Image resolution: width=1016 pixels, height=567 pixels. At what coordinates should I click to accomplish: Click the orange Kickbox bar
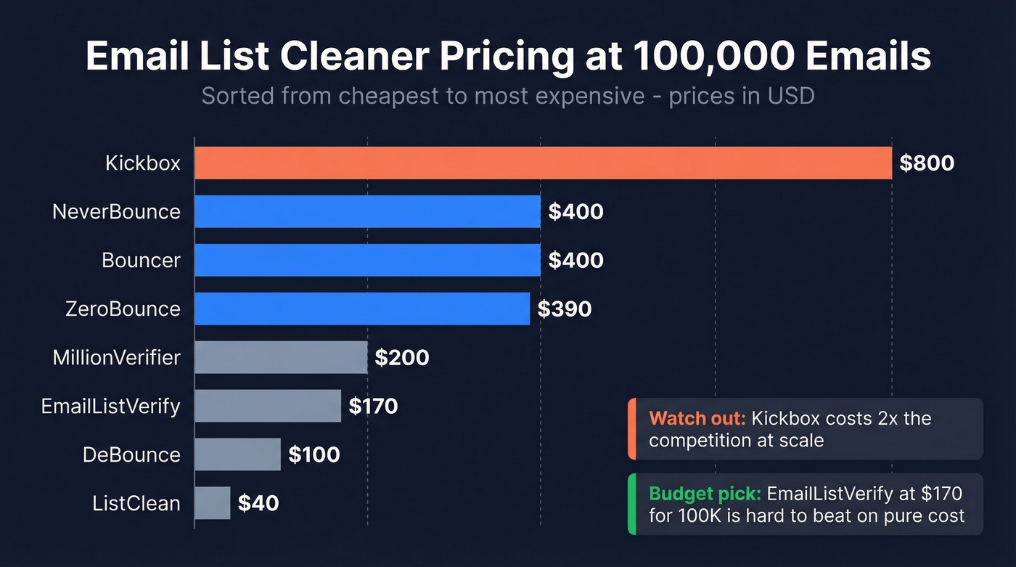pos(543,163)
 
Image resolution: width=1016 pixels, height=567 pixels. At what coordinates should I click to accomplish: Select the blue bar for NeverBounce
pos(367,211)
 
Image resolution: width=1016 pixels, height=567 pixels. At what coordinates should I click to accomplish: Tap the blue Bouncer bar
pos(367,260)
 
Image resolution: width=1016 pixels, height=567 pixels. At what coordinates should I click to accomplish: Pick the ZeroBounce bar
pos(362,309)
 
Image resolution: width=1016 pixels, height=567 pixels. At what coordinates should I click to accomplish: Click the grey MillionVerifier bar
pos(281,357)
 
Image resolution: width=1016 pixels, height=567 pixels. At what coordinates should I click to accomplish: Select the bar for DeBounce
pos(237,454)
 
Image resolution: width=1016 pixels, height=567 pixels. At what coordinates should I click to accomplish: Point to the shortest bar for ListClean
pos(212,503)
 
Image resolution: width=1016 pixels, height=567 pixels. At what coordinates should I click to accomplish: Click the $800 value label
pos(927,163)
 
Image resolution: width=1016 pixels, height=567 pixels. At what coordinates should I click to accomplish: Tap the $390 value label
pos(565,309)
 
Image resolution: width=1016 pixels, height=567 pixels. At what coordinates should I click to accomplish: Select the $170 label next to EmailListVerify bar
pos(373,406)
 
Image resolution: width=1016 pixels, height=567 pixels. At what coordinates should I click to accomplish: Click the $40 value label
pos(258,503)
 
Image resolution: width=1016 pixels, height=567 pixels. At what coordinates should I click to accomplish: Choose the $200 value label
pos(402,357)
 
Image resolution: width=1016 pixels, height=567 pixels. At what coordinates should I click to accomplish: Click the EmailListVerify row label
pos(110,406)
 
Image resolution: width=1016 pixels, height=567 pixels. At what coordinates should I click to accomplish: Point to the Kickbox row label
pos(142,163)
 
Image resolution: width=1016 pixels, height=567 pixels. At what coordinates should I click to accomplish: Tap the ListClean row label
pos(136,503)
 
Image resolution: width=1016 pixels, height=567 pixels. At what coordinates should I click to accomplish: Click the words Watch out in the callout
pos(697,419)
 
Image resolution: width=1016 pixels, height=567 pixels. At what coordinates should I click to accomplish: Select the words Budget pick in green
pos(704,494)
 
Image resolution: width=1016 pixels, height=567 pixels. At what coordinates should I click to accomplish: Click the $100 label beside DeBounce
pos(314,454)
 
